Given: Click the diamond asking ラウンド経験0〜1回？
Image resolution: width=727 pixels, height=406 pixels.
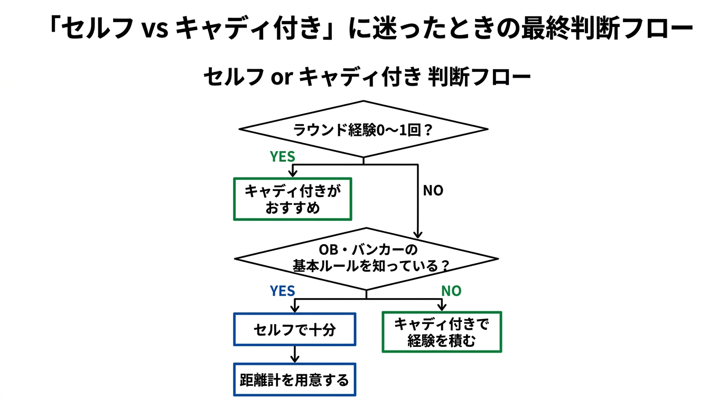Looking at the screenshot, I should [x=363, y=129].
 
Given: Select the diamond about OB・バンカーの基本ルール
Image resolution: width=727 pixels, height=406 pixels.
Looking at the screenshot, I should [x=366, y=259].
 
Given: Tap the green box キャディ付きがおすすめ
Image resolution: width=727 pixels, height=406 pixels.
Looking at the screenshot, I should [x=292, y=199].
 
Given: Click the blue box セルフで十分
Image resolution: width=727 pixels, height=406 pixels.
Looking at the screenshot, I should [x=294, y=330].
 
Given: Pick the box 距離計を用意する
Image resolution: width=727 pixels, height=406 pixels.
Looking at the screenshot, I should [x=294, y=380].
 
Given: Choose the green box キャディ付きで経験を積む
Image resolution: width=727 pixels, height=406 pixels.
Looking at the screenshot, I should [x=441, y=332].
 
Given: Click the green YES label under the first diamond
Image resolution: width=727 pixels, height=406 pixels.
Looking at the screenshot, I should [x=282, y=157].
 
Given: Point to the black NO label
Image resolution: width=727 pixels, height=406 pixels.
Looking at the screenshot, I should [x=433, y=191].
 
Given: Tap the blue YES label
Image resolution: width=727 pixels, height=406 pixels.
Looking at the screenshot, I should [x=282, y=291].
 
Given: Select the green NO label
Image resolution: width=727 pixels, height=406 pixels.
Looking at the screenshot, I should [x=451, y=291].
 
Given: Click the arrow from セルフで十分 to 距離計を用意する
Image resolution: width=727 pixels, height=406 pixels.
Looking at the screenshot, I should [x=295, y=354].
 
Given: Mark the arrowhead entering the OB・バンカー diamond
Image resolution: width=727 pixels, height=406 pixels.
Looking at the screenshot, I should [x=418, y=235].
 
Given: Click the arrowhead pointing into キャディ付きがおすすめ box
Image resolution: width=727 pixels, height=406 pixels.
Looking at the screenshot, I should [x=293, y=174].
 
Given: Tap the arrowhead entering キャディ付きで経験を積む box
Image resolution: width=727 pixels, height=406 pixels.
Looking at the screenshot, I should [x=441, y=308].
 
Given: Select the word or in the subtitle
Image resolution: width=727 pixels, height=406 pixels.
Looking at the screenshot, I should [x=282, y=78].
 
